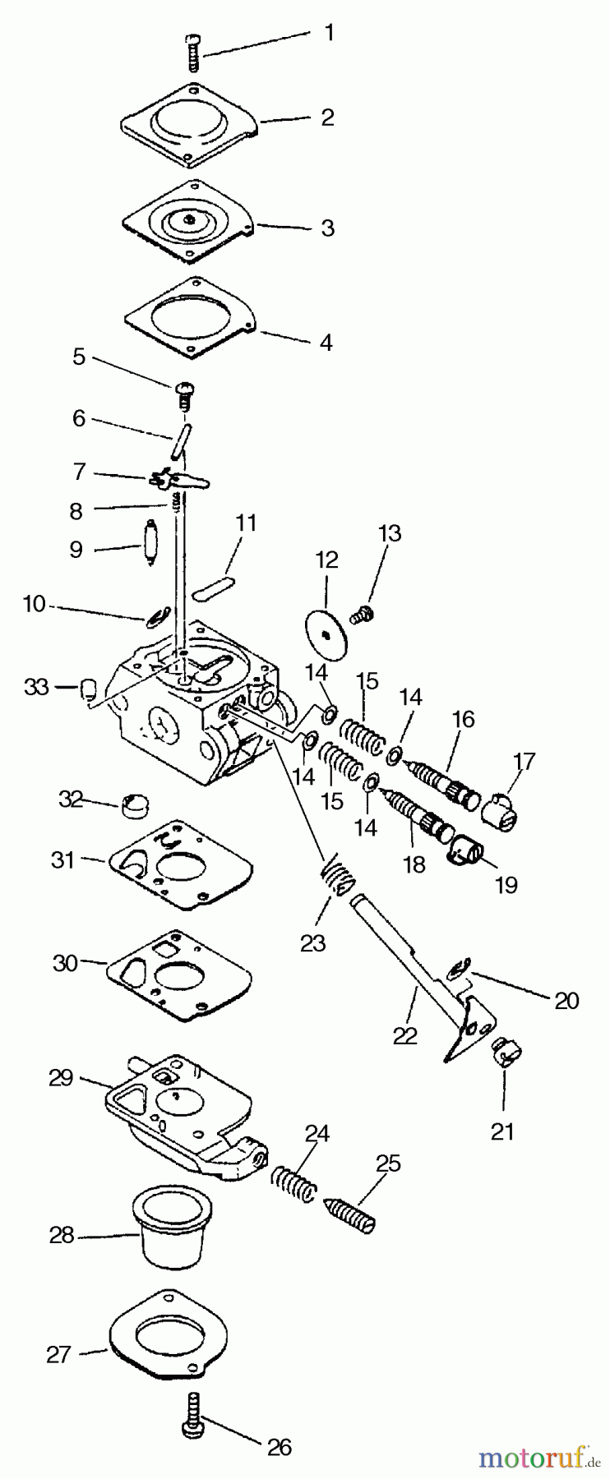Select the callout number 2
coord(326,117)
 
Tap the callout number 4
coord(326,342)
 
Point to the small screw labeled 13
coord(362,612)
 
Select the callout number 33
coord(36,687)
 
